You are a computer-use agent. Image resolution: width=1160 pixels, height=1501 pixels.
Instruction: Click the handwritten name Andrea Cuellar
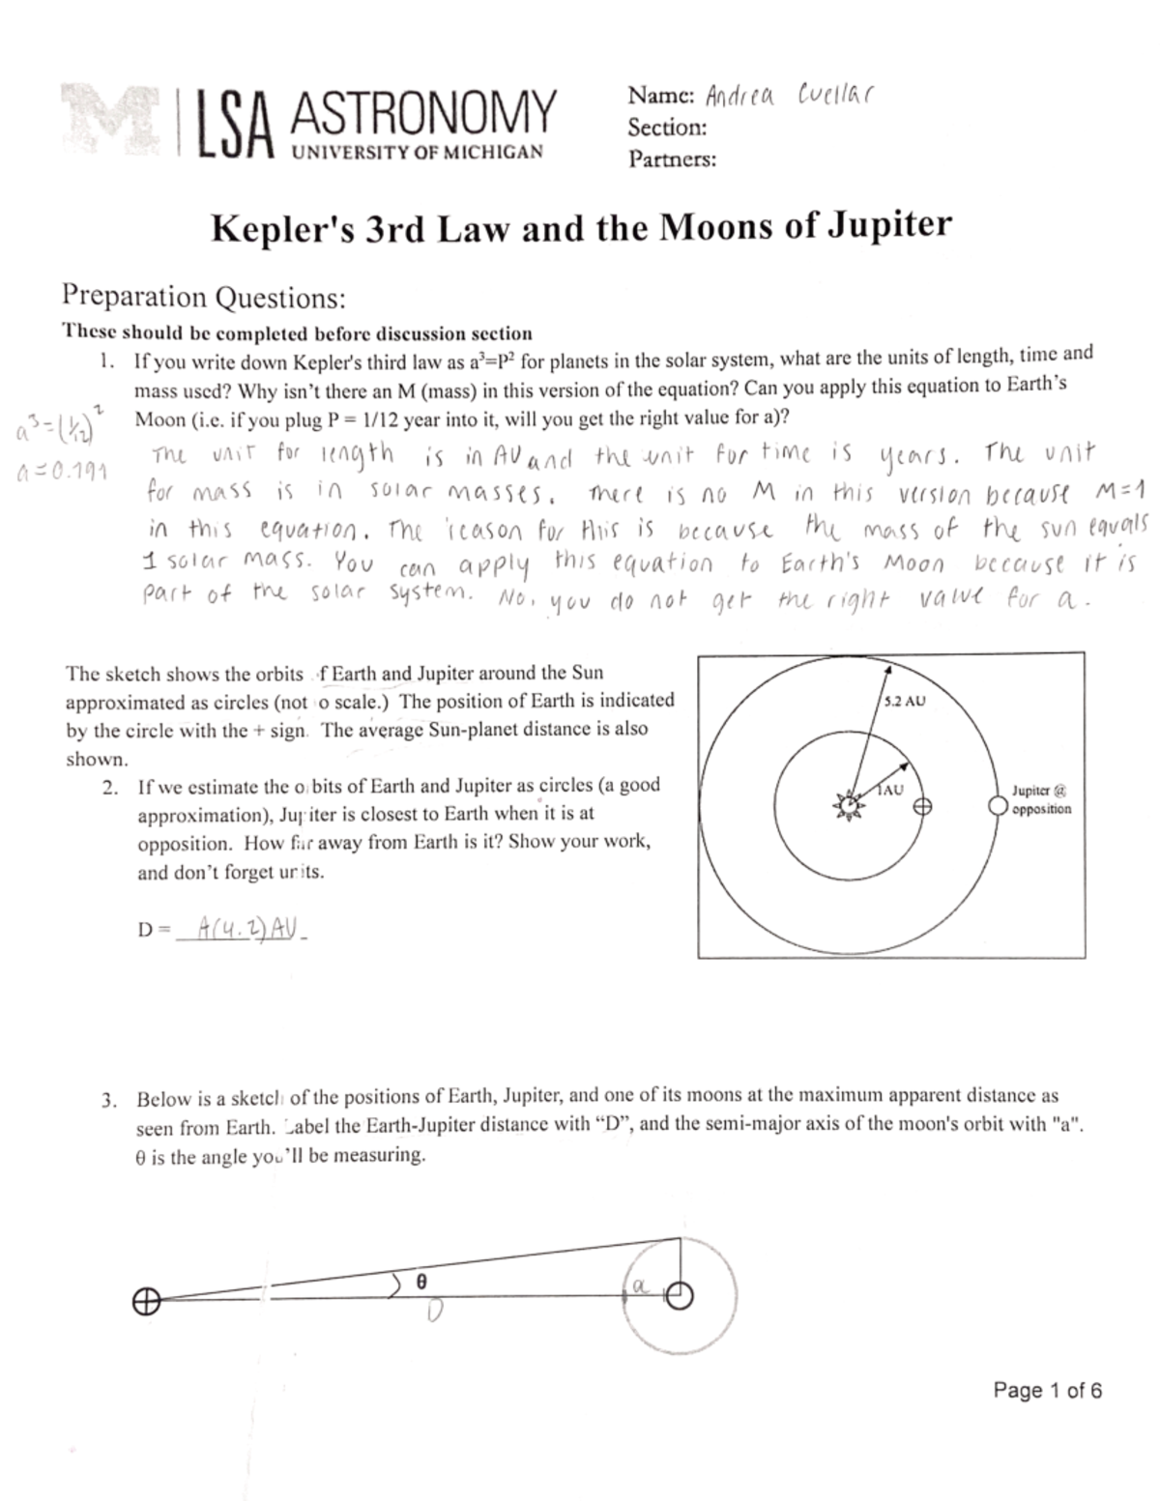point(789,97)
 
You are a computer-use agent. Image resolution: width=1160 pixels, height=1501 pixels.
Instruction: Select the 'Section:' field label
point(666,128)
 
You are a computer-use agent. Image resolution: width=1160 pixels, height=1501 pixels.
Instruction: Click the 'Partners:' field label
point(672,159)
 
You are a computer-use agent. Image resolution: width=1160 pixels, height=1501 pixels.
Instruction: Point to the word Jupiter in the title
point(889,226)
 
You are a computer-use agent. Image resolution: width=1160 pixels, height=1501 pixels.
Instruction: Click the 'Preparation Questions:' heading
point(203,297)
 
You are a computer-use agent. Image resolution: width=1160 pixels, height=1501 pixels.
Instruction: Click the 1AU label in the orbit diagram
point(889,790)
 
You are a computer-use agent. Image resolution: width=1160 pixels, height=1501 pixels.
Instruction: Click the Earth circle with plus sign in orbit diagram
point(923,806)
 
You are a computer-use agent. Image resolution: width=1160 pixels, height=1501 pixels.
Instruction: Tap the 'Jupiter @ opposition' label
point(1040,799)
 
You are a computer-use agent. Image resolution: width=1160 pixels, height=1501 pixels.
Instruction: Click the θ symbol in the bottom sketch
point(420,1280)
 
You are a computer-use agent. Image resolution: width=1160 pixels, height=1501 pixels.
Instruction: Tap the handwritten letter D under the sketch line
point(434,1311)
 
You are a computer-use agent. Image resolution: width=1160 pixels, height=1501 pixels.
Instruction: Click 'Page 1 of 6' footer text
point(1047,1391)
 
